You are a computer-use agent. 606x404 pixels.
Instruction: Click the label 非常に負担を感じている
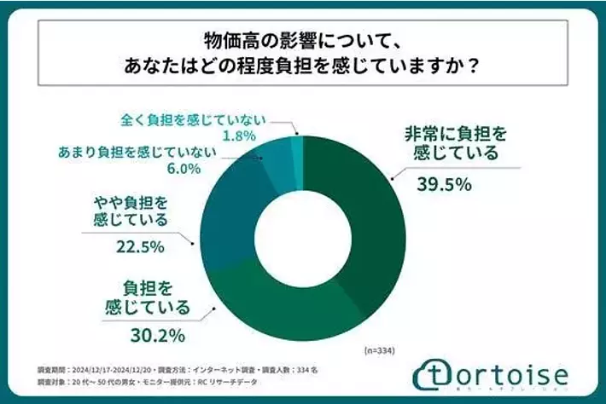coord(453,143)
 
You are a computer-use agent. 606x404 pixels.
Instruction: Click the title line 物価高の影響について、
coord(302,40)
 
